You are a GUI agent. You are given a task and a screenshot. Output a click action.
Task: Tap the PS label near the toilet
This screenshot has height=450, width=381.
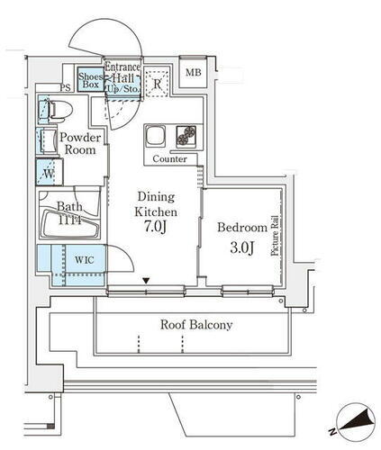64,87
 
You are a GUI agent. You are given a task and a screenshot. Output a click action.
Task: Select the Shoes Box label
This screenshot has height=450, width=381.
89,81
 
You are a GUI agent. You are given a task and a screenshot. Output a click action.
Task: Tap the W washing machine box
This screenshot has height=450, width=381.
46,171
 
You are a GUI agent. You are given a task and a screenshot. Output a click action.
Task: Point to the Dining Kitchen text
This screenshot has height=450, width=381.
157,203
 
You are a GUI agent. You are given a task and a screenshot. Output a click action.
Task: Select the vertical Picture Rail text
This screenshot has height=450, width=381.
276,239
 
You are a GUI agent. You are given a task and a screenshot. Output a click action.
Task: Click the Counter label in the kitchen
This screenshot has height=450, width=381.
169,159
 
